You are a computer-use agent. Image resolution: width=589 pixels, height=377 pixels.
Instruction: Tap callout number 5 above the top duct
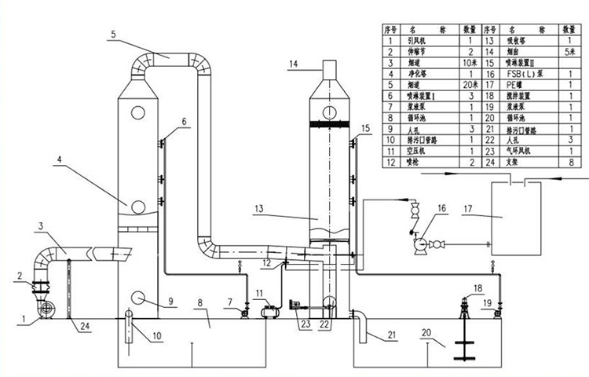pos(113,34)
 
